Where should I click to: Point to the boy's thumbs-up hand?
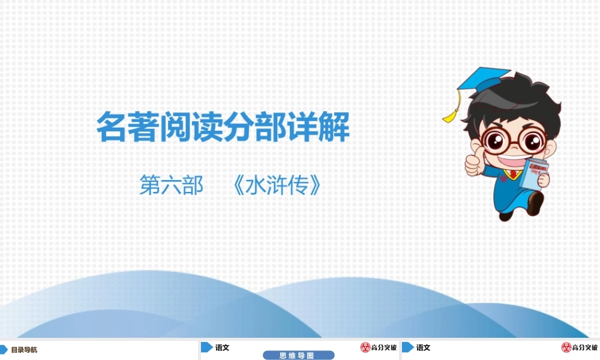pyautogui.click(x=473, y=164)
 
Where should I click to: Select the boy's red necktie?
pyautogui.click(x=513, y=175)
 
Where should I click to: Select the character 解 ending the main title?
pyautogui.click(x=334, y=127)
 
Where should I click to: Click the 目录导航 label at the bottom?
pyautogui.click(x=24, y=350)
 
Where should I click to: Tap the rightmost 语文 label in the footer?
pyautogui.click(x=424, y=347)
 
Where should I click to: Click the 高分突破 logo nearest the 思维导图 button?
pyautogui.click(x=379, y=347)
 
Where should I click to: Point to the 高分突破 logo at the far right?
pyautogui.click(x=580, y=347)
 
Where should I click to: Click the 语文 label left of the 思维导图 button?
pyautogui.click(x=223, y=347)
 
